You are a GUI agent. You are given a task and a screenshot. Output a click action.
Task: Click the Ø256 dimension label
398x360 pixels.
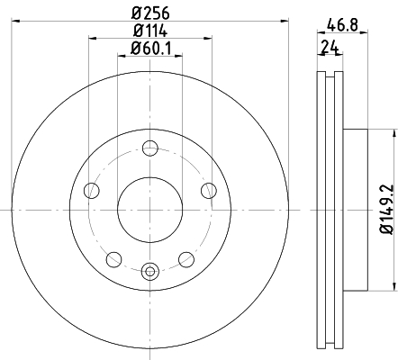tap(150, 13)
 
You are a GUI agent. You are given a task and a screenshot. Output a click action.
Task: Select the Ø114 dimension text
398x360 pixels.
tap(150, 31)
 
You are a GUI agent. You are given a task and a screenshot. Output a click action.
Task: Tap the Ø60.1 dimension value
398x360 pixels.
tap(151, 48)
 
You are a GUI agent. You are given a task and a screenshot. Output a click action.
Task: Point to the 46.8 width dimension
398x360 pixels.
tap(343, 25)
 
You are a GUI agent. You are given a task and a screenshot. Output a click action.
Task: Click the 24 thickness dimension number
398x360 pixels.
tap(330, 48)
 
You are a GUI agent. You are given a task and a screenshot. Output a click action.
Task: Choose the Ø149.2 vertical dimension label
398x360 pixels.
tap(386, 209)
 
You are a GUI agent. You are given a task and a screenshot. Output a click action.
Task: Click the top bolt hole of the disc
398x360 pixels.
tap(150, 148)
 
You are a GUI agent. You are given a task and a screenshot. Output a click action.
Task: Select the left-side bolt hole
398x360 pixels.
tap(92, 191)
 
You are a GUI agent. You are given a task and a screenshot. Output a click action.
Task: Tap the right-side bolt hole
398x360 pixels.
tap(209, 191)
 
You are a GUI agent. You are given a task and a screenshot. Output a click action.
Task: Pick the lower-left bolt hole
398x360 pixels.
tap(114, 259)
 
